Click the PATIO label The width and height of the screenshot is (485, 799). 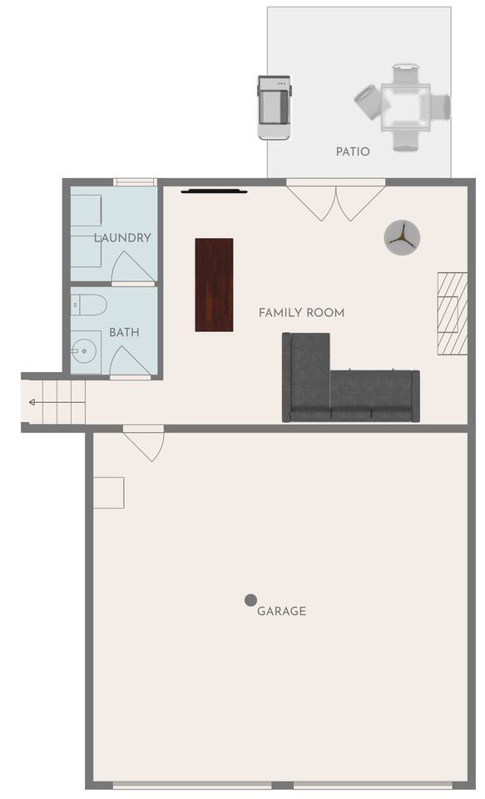pos(353,151)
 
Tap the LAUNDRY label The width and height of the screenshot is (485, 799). pos(123,237)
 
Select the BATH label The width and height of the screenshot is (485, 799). pos(124,332)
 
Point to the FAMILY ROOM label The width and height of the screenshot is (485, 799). pos(302,312)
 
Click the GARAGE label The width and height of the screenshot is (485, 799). pos(282,611)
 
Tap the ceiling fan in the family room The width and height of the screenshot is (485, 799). pos(402,238)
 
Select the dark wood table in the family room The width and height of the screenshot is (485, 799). pos(215,285)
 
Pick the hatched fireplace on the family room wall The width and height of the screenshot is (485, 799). pos(453,314)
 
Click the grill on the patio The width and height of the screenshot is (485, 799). pos(275,107)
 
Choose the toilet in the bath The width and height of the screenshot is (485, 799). pos(88,305)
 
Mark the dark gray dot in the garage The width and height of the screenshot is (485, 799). pos(250,600)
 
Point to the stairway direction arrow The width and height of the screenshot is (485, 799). pos(56,403)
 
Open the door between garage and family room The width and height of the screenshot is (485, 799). pos(144,442)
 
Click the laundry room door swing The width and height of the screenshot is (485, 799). pos(132,267)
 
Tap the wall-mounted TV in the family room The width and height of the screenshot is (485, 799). pos(214,192)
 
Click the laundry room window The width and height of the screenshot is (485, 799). pos(135,182)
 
